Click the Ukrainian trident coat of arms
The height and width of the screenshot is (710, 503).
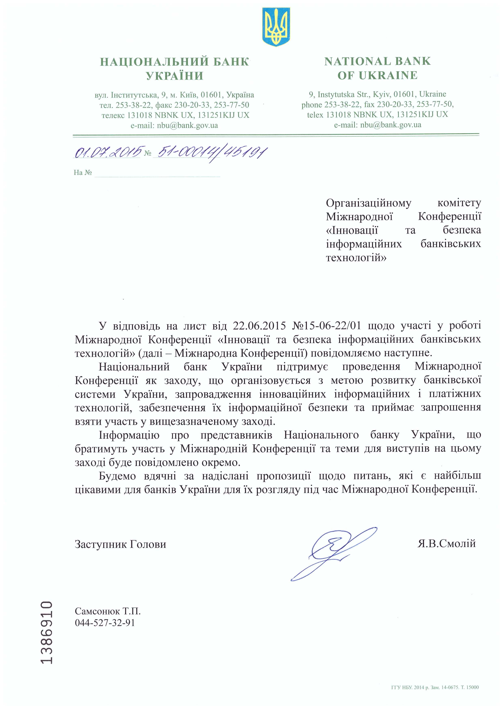click(x=276, y=27)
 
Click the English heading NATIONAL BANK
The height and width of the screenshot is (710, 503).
click(x=377, y=61)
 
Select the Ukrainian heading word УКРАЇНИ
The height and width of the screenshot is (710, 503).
click(x=175, y=76)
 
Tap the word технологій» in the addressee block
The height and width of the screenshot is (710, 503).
click(x=356, y=258)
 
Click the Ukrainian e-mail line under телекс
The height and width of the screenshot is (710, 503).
click(x=174, y=125)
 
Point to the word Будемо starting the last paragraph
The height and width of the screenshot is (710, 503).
click(x=117, y=476)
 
